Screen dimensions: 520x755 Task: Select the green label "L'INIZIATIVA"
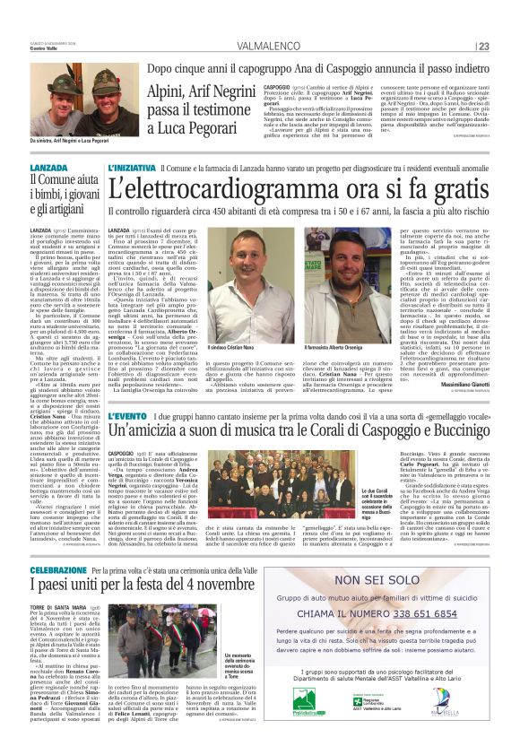(x=133, y=169)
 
